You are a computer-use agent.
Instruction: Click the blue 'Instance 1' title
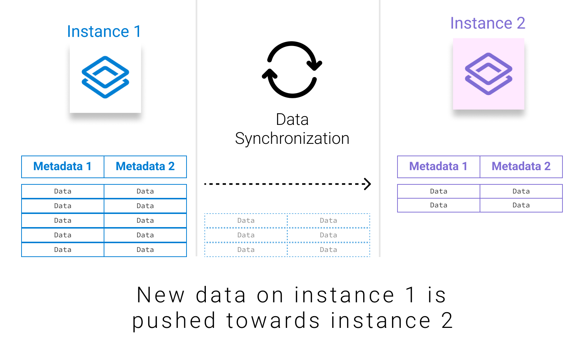click(x=104, y=31)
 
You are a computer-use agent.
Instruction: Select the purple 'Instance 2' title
click(x=488, y=23)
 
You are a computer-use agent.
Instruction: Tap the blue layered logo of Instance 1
click(x=105, y=77)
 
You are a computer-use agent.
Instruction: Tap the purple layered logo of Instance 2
click(x=488, y=74)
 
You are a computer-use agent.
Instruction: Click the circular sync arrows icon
click(x=292, y=69)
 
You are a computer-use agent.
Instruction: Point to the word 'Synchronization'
click(x=292, y=139)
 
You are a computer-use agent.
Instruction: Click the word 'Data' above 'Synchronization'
click(x=292, y=119)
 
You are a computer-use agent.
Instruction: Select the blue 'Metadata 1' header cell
click(x=63, y=166)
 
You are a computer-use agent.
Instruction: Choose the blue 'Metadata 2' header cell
click(x=145, y=166)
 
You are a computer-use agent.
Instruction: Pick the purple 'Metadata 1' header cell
click(x=438, y=166)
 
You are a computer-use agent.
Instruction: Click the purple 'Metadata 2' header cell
click(x=521, y=166)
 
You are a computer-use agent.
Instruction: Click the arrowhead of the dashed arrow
click(x=368, y=184)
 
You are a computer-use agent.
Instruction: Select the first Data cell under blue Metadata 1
click(x=63, y=191)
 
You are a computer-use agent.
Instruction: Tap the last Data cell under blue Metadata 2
click(x=145, y=250)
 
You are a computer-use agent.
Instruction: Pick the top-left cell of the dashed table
click(x=246, y=221)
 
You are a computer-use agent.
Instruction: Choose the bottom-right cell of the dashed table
click(x=328, y=250)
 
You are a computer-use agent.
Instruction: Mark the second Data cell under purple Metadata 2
click(x=521, y=205)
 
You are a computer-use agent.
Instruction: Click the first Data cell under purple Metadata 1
click(x=438, y=191)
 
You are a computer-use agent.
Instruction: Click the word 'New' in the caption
click(x=161, y=295)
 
